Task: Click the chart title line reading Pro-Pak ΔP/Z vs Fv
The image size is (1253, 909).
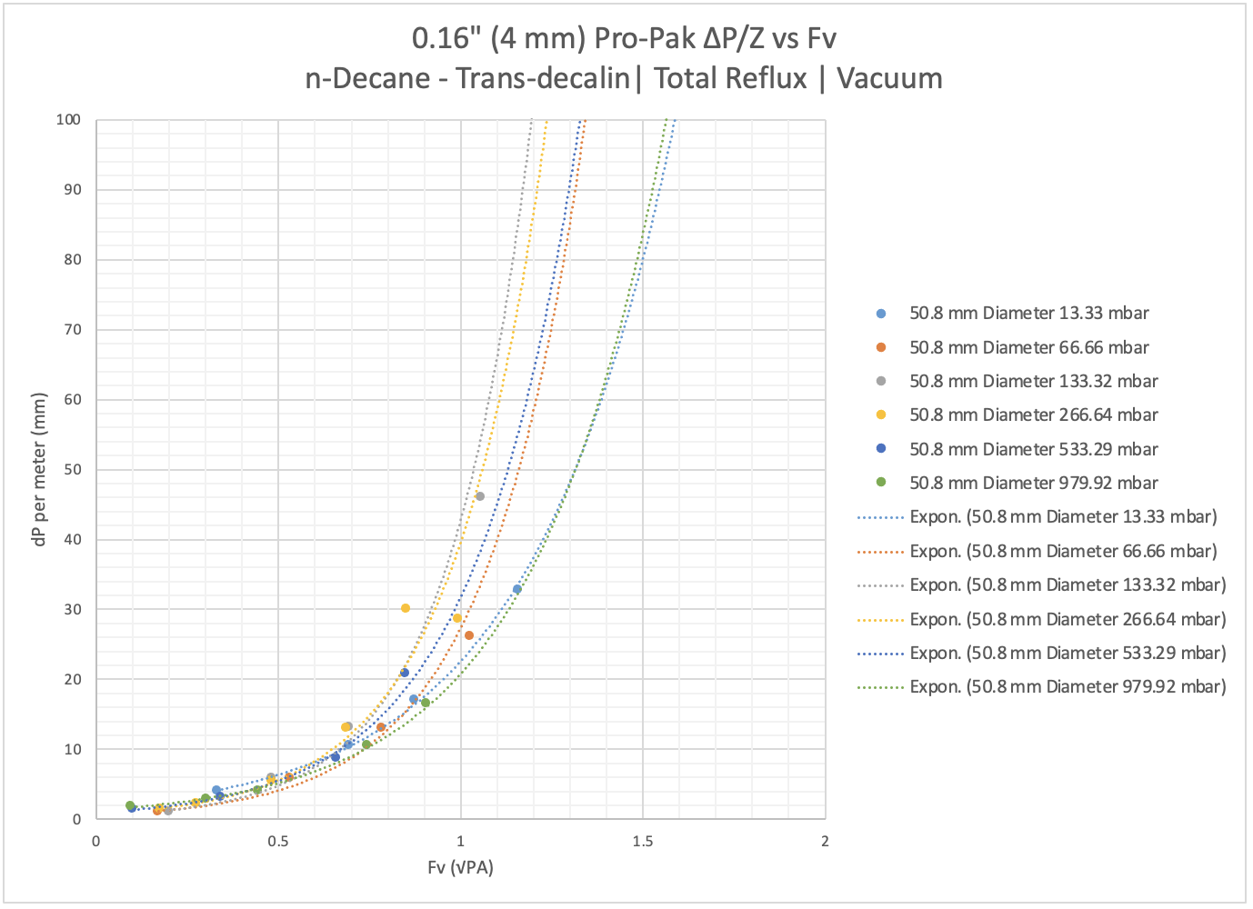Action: pyautogui.click(x=624, y=38)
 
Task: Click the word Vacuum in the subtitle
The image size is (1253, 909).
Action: pyautogui.click(x=889, y=78)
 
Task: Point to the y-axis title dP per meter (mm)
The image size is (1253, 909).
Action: pyautogui.click(x=39, y=468)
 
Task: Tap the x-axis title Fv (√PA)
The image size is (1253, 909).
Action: pyautogui.click(x=460, y=867)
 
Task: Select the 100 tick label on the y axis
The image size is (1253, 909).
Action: pyautogui.click(x=68, y=120)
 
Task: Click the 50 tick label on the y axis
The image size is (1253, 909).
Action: pyautogui.click(x=72, y=470)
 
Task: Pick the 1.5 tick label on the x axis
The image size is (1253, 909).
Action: pyautogui.click(x=643, y=841)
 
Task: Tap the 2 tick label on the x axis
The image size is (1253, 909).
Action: pyautogui.click(x=825, y=841)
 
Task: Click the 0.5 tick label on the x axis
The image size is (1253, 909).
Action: pyautogui.click(x=278, y=841)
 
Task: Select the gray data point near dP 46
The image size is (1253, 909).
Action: pyautogui.click(x=480, y=496)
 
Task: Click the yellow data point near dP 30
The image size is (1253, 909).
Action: pyautogui.click(x=406, y=608)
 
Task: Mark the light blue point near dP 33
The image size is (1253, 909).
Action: pyautogui.click(x=517, y=589)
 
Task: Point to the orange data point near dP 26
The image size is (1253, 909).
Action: pyautogui.click(x=469, y=635)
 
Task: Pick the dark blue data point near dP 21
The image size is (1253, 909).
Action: pyautogui.click(x=405, y=673)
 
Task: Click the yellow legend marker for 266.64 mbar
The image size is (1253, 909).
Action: pyautogui.click(x=881, y=415)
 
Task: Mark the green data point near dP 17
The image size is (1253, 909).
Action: pyautogui.click(x=426, y=703)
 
